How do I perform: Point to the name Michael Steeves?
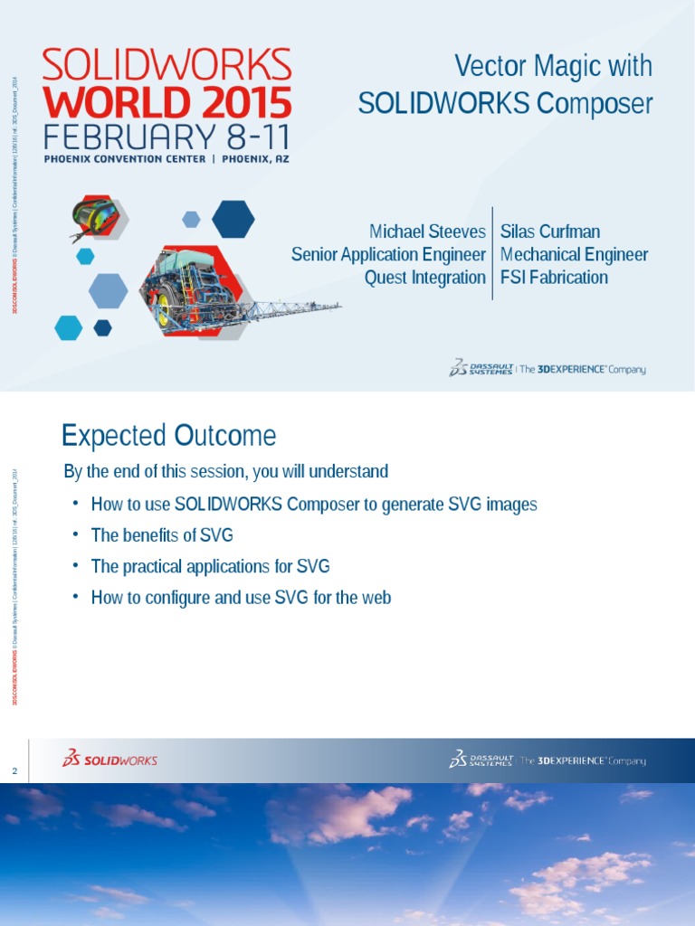pos(428,231)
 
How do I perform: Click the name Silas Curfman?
pos(550,231)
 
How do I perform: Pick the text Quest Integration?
pos(424,278)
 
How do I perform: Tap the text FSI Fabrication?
pos(554,278)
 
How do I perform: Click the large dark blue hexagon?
pos(233,218)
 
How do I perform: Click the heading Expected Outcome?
pos(168,437)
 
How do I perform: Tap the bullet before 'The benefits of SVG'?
pos(76,534)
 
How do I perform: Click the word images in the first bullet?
pos(511,504)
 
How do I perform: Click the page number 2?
pos(14,770)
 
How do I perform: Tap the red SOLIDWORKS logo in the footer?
pos(109,760)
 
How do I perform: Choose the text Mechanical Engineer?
pos(574,255)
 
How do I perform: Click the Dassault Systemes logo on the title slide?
pos(481,368)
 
